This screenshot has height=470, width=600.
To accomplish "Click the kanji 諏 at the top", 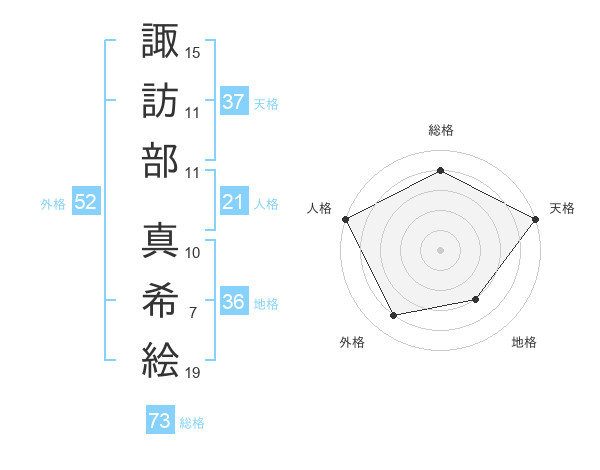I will click(x=161, y=41).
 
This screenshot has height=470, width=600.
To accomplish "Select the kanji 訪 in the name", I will click(x=161, y=101).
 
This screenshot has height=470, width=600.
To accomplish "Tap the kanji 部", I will click(x=161, y=160).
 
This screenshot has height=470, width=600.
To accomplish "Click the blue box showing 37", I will click(x=234, y=101).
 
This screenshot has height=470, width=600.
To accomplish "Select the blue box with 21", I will click(x=234, y=202).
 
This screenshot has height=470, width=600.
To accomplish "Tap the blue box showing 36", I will click(x=234, y=303).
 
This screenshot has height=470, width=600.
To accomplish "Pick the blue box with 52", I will click(x=86, y=202).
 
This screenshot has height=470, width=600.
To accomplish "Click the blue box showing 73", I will click(x=160, y=422).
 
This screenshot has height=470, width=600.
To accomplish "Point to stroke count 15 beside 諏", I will click(x=193, y=51).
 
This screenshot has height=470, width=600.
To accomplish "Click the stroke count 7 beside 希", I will click(x=193, y=313).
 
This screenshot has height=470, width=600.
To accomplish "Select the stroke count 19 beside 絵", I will click(x=193, y=373).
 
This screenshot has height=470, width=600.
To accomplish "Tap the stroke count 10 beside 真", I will click(x=193, y=253).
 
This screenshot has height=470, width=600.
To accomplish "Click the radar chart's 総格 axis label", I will click(x=440, y=131).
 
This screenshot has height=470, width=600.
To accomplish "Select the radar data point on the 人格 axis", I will click(x=345, y=218).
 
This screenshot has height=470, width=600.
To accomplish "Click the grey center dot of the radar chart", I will click(x=440, y=249).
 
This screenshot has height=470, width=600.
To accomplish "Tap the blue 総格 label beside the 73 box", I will click(x=192, y=423).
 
